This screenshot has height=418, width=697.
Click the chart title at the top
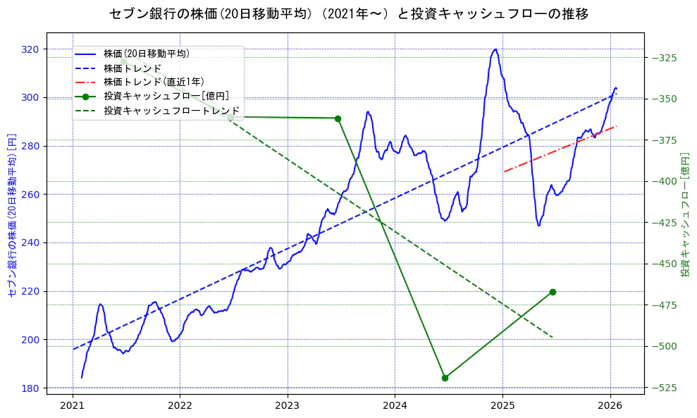pyautogui.click(x=349, y=13)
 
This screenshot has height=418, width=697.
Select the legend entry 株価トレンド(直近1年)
pyautogui.click(x=154, y=82)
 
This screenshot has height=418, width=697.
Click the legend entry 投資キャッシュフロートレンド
pyautogui.click(x=171, y=111)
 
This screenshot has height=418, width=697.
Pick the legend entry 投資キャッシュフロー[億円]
pyautogui.click(x=166, y=96)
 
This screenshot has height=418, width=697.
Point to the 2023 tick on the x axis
pyautogui.click(x=288, y=405)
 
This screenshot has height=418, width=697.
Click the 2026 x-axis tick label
pyautogui.click(x=610, y=405)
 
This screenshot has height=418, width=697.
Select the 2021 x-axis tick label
pyautogui.click(x=73, y=405)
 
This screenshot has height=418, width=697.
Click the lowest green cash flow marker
pyautogui.click(x=445, y=378)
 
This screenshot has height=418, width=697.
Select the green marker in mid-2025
pyautogui.click(x=553, y=292)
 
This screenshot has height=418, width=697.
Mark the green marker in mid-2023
pyautogui.click(x=338, y=118)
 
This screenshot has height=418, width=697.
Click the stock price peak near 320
pyautogui.click(x=495, y=49)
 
